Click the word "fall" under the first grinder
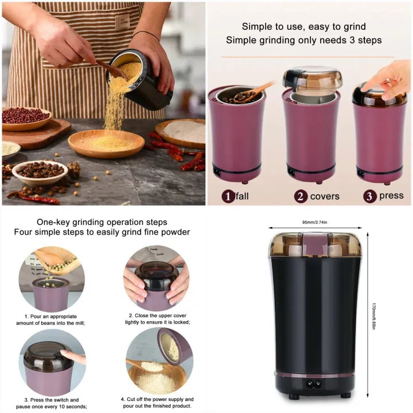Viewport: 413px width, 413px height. pos(242,196)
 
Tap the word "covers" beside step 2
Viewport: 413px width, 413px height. pos(325,196)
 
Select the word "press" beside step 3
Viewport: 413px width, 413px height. pos(391,195)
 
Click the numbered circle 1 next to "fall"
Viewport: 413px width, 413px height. pos(229,196)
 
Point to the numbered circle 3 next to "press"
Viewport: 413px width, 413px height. pos(371,196)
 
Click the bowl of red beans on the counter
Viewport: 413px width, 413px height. pos(26,116)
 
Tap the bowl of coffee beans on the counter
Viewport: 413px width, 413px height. pos(40,170)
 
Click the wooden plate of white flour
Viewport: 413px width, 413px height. pos(182,133)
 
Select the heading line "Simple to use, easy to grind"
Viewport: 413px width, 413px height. pos(303,26)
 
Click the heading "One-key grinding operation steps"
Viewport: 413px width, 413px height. pos(102,221)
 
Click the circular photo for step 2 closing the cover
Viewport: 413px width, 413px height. pos(156,278)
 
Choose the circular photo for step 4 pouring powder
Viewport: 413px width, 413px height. pos(156,361)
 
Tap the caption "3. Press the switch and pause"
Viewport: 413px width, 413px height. pos(52,399)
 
